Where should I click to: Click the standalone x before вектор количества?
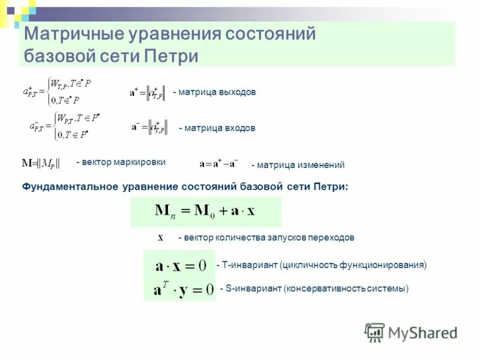tap(160, 237)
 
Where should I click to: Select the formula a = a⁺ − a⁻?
tap(218, 163)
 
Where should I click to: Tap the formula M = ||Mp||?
tap(41, 163)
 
